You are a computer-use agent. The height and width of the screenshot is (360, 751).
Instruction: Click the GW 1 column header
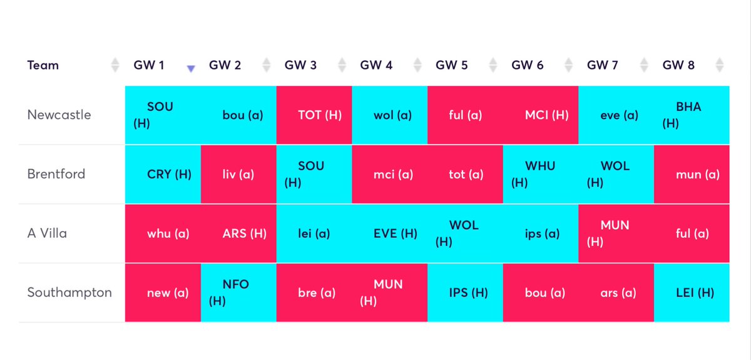pyautogui.click(x=149, y=65)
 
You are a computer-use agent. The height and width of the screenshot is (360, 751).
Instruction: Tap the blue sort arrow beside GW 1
pyautogui.click(x=191, y=68)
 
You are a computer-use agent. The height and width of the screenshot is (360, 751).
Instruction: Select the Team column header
pyautogui.click(x=43, y=65)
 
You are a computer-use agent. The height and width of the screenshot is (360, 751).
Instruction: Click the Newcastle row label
pyautogui.click(x=59, y=115)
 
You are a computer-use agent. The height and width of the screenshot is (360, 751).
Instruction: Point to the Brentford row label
pyautogui.click(x=56, y=174)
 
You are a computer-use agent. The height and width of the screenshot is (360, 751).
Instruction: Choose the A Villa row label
pyautogui.click(x=47, y=233)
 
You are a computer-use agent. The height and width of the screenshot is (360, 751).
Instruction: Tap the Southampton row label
pyautogui.click(x=69, y=292)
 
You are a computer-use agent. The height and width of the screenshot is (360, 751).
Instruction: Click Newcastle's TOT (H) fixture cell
pyautogui.click(x=314, y=115)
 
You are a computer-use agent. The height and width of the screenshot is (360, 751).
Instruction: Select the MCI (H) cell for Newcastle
pyautogui.click(x=541, y=115)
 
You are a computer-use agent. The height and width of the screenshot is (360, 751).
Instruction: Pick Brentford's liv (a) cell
pyautogui.click(x=238, y=175)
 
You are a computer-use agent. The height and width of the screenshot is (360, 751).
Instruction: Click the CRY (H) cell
pyautogui.click(x=163, y=175)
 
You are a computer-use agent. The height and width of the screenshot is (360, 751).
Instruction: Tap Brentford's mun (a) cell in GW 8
pyautogui.click(x=692, y=175)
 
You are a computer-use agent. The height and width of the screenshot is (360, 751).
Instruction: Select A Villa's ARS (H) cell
pyautogui.click(x=238, y=234)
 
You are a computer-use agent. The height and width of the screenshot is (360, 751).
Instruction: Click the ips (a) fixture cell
pyautogui.click(x=541, y=234)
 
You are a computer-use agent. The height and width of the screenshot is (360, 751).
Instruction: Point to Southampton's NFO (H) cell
pyautogui.click(x=238, y=292)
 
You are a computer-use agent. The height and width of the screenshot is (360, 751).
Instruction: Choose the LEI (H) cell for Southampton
pyautogui.click(x=692, y=292)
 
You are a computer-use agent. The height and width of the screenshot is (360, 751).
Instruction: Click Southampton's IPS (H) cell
pyautogui.click(x=466, y=292)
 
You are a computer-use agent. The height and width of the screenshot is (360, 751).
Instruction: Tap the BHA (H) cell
pyautogui.click(x=692, y=115)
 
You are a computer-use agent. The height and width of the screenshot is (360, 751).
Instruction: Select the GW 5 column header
pyautogui.click(x=452, y=65)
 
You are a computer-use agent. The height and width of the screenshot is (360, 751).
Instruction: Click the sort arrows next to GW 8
pyautogui.click(x=720, y=65)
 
